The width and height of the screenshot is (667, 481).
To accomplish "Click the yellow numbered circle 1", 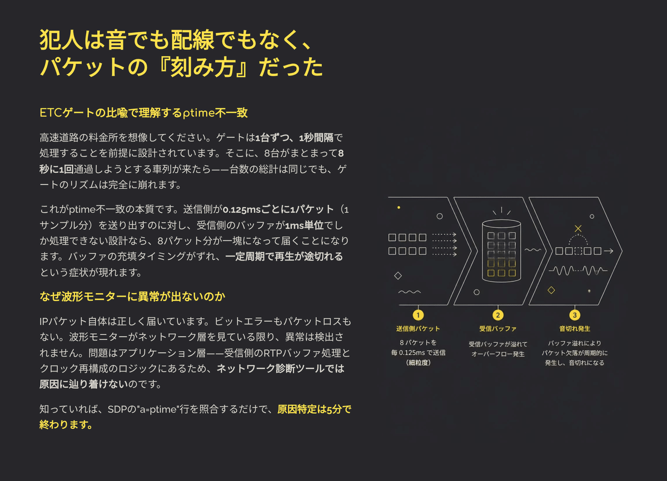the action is coord(418,315).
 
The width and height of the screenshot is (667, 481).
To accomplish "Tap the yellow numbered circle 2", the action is coord(498,315).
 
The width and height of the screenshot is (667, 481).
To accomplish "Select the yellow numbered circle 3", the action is coord(575,315).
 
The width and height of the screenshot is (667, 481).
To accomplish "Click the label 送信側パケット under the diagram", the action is coord(418,329).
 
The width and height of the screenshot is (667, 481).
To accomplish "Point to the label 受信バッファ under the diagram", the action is coord(498,329).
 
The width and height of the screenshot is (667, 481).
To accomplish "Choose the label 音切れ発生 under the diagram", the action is coord(575,329).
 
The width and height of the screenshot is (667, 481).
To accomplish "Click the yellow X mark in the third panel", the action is coord(578,228).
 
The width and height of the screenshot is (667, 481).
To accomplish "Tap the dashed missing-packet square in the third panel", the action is coord(578,251).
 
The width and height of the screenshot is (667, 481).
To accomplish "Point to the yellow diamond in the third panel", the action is coord(551,290).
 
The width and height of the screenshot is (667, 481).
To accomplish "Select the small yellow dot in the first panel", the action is coord(399,208).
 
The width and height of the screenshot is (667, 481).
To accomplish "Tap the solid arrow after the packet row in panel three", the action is coord(608,251).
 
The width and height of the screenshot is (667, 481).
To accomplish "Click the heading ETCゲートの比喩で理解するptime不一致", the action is coord(143,113).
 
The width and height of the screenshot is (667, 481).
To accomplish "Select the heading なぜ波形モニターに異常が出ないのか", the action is coord(132,297).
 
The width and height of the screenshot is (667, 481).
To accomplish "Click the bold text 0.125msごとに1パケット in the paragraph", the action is coord(278,209).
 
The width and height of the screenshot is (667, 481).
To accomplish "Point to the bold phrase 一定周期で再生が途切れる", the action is coord(284,257).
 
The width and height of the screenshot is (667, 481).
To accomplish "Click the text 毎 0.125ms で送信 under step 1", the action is coord(418,353).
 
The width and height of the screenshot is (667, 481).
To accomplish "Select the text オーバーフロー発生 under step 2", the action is coord(498,354).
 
